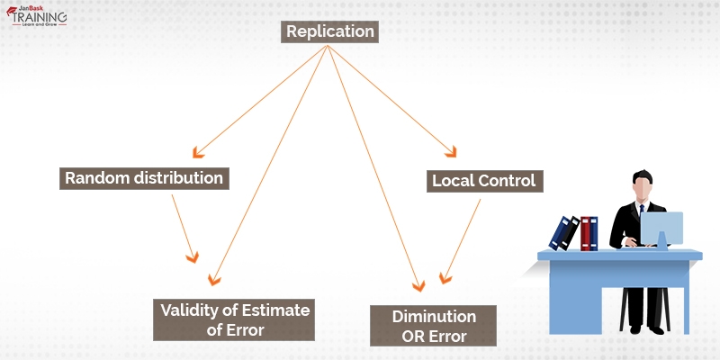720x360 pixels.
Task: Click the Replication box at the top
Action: pos(329,32)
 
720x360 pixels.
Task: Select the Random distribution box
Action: pos(144,177)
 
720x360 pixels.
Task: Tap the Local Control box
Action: pos(483,181)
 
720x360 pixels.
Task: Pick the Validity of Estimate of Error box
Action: pos(234,319)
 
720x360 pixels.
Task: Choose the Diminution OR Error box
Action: pos(434,327)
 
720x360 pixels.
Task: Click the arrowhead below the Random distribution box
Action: pos(191,256)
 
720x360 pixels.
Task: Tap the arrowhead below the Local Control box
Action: pos(443,277)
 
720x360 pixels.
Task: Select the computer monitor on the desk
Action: pos(661,230)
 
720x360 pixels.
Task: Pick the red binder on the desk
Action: pos(589,233)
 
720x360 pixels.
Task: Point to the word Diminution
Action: pos(434,317)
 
